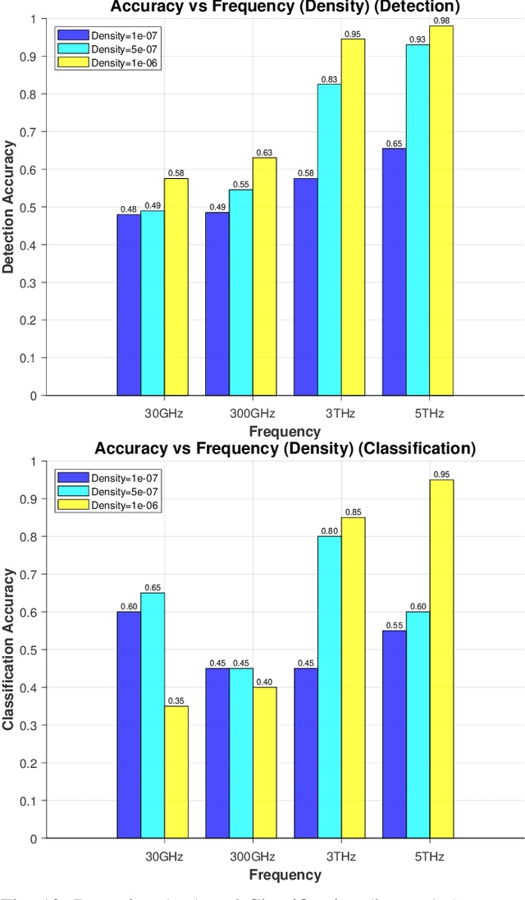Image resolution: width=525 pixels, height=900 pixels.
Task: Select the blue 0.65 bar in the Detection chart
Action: [x=394, y=272]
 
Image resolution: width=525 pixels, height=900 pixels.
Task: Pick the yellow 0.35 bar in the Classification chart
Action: [x=176, y=772]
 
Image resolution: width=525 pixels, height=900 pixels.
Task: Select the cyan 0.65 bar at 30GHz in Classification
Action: [x=153, y=715]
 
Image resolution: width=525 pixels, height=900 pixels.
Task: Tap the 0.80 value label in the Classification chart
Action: [x=330, y=530]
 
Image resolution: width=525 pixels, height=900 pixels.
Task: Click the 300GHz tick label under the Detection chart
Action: [x=240, y=413]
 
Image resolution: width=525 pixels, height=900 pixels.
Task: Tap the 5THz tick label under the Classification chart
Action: [x=429, y=856]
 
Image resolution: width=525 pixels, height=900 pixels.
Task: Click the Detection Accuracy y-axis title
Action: [x=9, y=207]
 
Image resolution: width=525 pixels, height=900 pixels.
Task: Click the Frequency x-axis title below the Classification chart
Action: [x=285, y=875]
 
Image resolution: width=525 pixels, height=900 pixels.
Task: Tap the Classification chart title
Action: [x=285, y=448]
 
